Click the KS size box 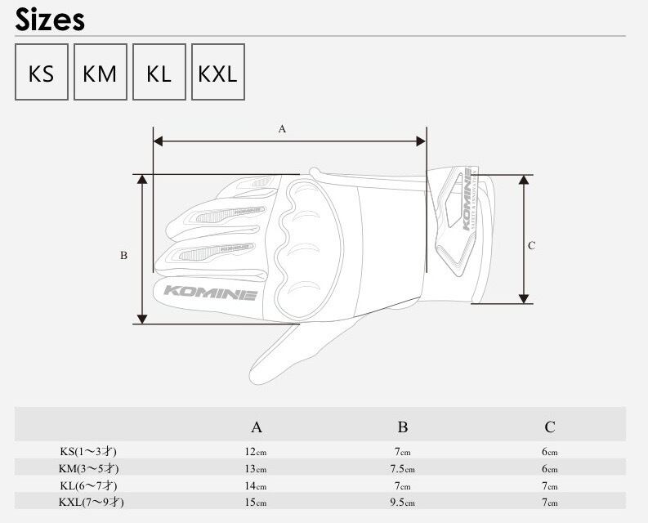tap(42, 72)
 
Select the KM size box tap(100, 72)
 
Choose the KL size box tap(159, 72)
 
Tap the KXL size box tap(218, 72)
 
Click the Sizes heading tap(50, 20)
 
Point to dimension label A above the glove tap(282, 129)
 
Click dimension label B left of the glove tap(123, 256)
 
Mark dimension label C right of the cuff tap(531, 246)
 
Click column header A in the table tap(257, 427)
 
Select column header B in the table tap(403, 427)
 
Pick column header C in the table tap(550, 427)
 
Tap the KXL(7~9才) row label tap(91, 503)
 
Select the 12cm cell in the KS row tap(256, 451)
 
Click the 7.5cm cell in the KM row tap(403, 469)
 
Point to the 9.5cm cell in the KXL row tap(403, 503)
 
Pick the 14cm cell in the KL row tap(256, 485)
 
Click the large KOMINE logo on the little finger tap(210, 293)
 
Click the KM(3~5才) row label tap(88, 468)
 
